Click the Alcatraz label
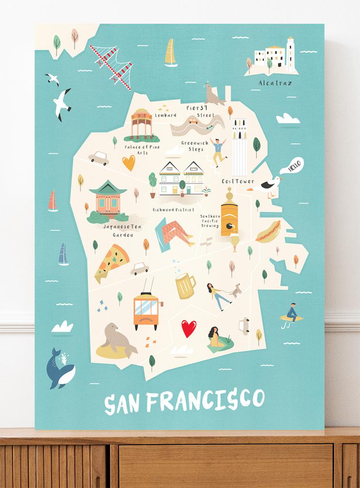point(275,83)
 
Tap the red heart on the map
point(189,328)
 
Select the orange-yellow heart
point(129,163)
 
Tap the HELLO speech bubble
point(291,166)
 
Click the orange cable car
point(146,310)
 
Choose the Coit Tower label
point(238,181)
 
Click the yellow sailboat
point(170,53)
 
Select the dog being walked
point(235,291)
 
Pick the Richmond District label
point(173,209)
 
